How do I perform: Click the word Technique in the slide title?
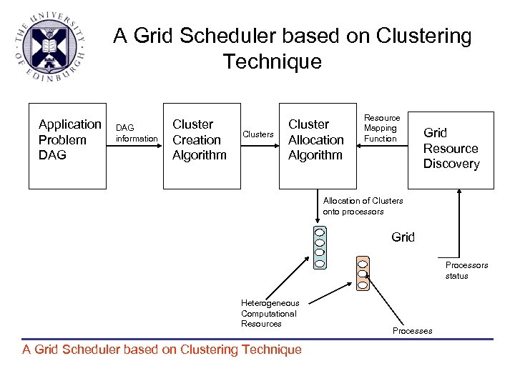pyautogui.click(x=272, y=62)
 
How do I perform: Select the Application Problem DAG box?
pyautogui.click(x=67, y=146)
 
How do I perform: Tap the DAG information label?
pyautogui.click(x=136, y=133)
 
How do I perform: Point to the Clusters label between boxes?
pyautogui.click(x=258, y=134)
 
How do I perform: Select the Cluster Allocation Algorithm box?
pyautogui.click(x=315, y=146)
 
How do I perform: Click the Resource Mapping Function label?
pyautogui.click(x=382, y=128)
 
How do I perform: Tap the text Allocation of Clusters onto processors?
pyautogui.click(x=363, y=206)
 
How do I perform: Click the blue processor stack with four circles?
pyautogui.click(x=320, y=247)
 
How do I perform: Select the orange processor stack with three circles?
pyautogui.click(x=363, y=273)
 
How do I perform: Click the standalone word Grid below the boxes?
pyautogui.click(x=403, y=237)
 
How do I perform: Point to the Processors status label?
pyautogui.click(x=466, y=270)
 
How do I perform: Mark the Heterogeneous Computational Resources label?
pyautogui.click(x=270, y=313)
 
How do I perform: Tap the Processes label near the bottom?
pyautogui.click(x=412, y=331)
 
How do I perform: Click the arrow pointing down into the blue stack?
pyautogui.click(x=320, y=207)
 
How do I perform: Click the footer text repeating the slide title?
pyautogui.click(x=162, y=350)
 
